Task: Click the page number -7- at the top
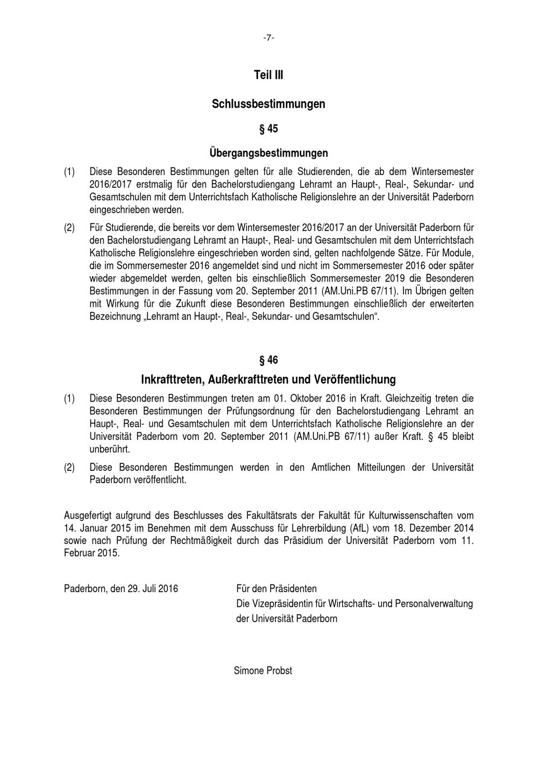coord(268,38)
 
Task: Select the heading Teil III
coord(268,75)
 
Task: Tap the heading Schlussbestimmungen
coord(268,103)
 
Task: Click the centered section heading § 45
coord(268,129)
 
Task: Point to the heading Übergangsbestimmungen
coord(268,153)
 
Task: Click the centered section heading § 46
coord(268,360)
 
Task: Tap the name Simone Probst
coord(263,670)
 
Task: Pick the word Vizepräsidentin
coord(279,603)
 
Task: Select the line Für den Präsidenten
coord(277,588)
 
